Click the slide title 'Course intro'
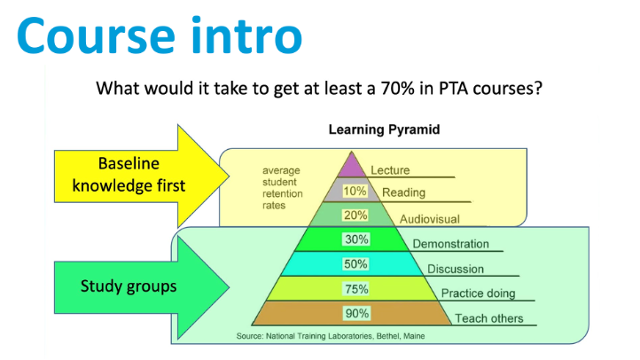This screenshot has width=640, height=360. (160, 35)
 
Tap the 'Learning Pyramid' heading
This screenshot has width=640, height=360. (384, 129)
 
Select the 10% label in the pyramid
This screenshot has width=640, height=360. (355, 191)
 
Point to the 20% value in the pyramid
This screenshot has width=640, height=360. (355, 215)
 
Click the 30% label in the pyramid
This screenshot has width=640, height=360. (356, 239)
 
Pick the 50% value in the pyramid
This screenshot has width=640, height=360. (355, 264)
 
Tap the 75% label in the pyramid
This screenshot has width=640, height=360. (356, 289)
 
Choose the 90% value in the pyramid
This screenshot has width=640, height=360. (357, 314)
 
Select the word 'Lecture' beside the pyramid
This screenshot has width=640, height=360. (390, 170)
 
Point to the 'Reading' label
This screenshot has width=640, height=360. (403, 192)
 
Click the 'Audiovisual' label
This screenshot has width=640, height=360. (429, 219)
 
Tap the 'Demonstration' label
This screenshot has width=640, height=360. (450, 244)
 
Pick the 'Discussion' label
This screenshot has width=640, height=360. (456, 269)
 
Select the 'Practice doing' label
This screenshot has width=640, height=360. (478, 293)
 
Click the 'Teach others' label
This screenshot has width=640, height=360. (489, 318)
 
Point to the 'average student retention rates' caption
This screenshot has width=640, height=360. (283, 188)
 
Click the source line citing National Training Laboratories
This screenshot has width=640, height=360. (331, 336)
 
